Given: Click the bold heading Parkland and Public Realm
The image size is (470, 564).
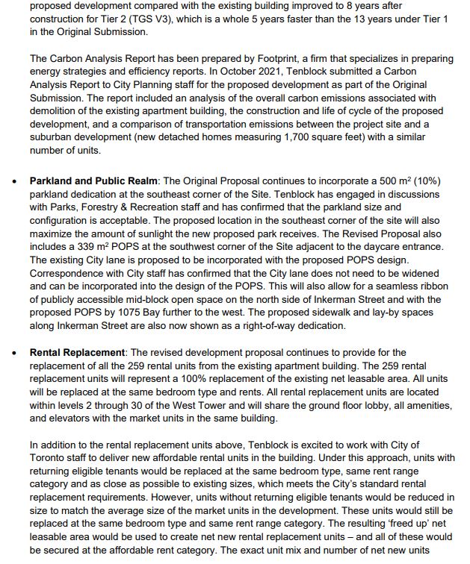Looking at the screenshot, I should (x=94, y=181).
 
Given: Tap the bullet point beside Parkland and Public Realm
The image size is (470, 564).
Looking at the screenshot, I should (x=13, y=181).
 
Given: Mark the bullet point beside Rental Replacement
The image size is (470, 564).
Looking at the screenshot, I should (x=13, y=353).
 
